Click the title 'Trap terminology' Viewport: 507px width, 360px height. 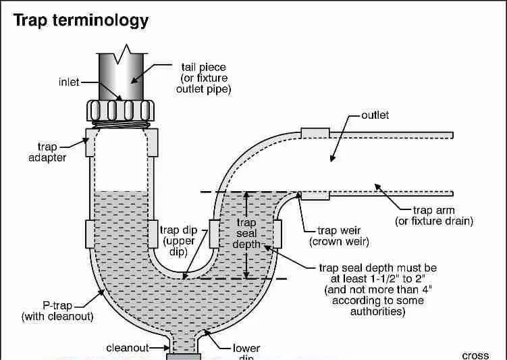tap(81, 20)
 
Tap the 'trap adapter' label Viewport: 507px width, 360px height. tap(52, 152)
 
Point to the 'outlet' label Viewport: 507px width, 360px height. tap(375, 115)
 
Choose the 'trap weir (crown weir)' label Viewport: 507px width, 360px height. tap(339, 236)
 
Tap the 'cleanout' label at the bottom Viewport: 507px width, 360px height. tap(128, 349)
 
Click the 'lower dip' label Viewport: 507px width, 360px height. tap(246, 349)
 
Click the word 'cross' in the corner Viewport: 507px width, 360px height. tap(475, 355)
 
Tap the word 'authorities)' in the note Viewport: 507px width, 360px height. tap(378, 312)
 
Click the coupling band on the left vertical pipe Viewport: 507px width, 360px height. tap(95, 234)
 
